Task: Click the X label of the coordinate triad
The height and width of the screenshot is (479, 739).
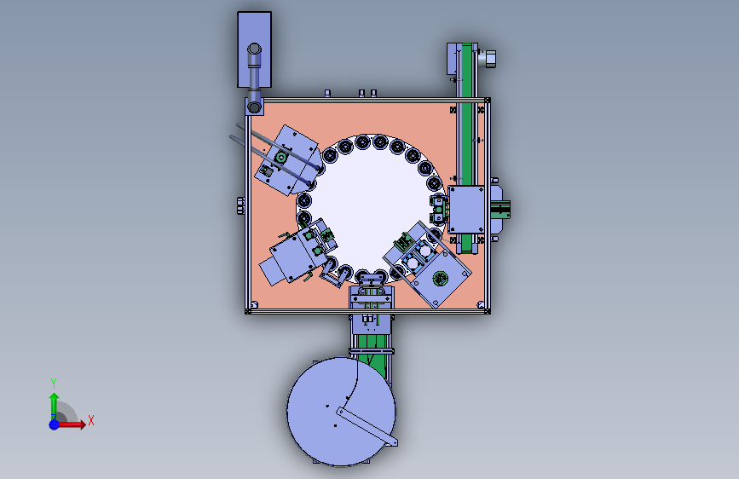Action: click(x=91, y=420)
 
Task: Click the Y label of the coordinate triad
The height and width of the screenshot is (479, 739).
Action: click(x=54, y=383)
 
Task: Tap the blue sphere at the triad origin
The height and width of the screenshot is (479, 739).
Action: click(x=55, y=424)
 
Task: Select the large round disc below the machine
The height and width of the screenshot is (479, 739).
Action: click(x=341, y=411)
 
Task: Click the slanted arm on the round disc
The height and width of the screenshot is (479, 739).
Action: click(x=367, y=426)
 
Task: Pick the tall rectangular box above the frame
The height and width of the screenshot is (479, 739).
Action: click(x=255, y=49)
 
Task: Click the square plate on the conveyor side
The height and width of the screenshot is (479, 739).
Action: click(x=466, y=210)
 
